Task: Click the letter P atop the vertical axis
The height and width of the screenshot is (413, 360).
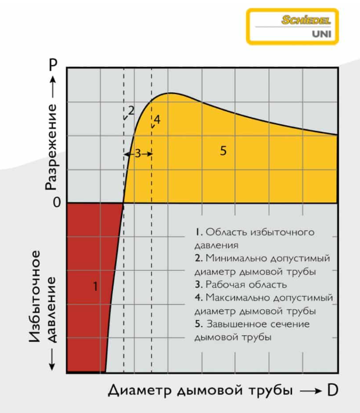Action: point(53,65)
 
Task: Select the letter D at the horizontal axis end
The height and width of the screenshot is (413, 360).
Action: point(332,390)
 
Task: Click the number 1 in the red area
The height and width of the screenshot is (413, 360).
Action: point(95,286)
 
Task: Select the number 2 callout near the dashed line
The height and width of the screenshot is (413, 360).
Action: point(131,110)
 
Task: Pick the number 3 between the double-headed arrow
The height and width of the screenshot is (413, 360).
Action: point(138,154)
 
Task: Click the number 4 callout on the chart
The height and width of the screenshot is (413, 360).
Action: point(156,119)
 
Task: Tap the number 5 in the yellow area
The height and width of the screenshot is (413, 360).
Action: point(223,150)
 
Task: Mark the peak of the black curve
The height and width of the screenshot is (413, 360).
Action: point(170,93)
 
